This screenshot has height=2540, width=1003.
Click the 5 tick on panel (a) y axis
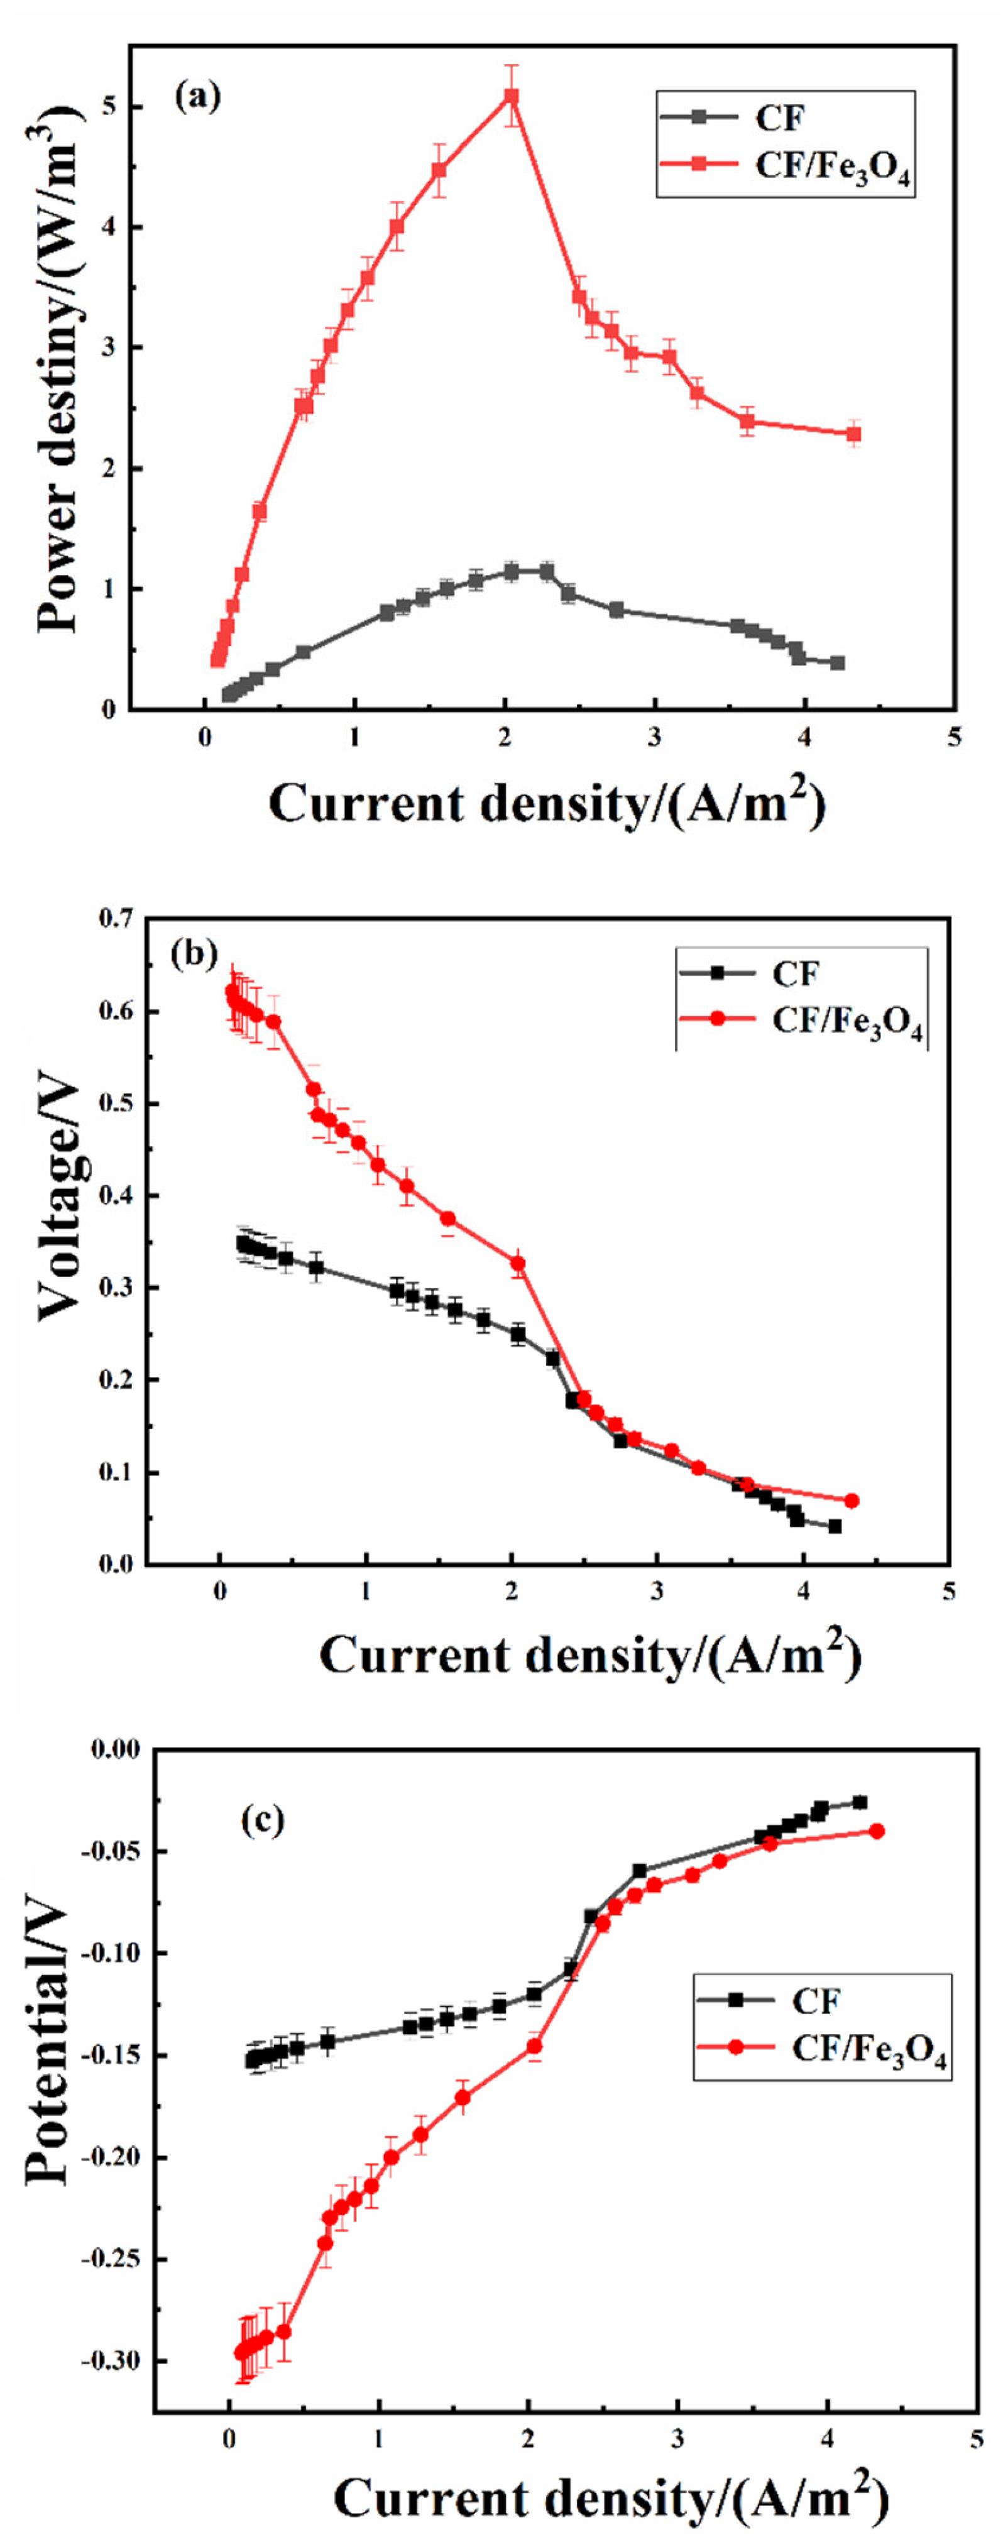[x=109, y=106]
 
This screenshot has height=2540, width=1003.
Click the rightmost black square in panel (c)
[x=859, y=1802]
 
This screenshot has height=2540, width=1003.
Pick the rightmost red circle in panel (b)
[x=851, y=1501]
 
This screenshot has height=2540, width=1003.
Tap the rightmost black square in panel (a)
[x=837, y=662]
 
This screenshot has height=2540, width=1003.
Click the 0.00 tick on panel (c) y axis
[x=116, y=1749]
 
